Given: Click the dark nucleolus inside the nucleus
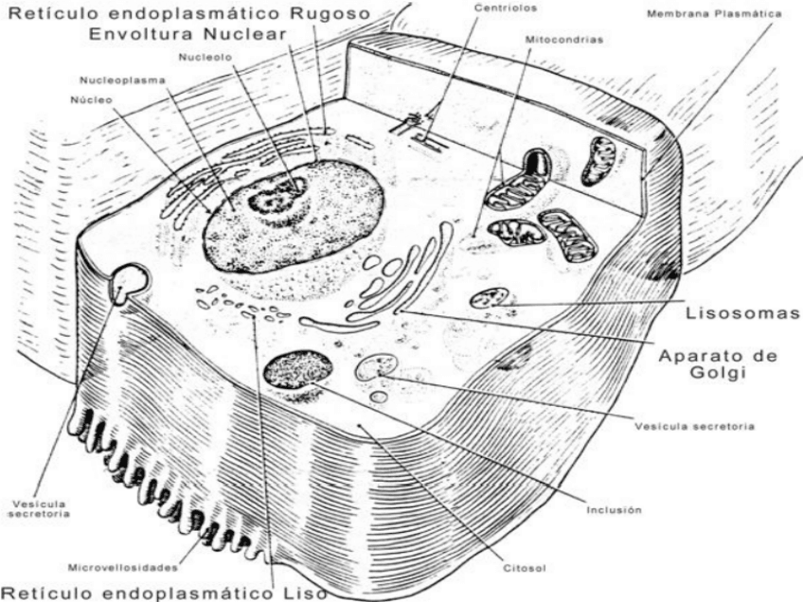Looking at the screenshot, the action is tap(274, 199).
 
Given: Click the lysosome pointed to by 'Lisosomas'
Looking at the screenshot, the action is tap(491, 299).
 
